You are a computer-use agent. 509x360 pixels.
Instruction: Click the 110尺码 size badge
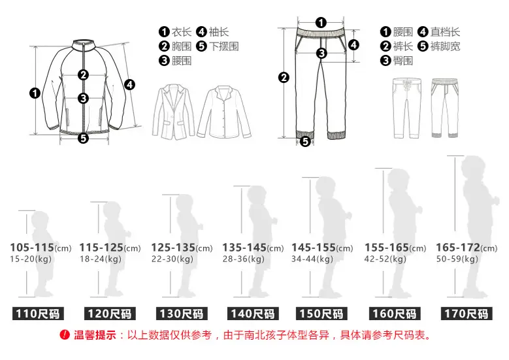click(x=38, y=314)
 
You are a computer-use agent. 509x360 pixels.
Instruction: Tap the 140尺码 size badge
click(x=253, y=314)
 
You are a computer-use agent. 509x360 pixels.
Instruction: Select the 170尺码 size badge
click(x=466, y=314)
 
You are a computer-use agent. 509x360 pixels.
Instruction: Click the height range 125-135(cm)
click(x=182, y=248)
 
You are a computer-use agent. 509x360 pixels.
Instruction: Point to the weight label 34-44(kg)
click(x=312, y=259)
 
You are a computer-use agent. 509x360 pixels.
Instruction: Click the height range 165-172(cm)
click(x=467, y=248)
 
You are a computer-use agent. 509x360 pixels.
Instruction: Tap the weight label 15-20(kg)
click(x=31, y=259)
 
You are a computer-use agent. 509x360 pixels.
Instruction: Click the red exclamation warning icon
click(x=65, y=335)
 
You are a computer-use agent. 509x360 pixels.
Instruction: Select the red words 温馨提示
click(x=95, y=335)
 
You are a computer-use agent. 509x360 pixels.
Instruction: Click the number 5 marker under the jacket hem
click(x=84, y=139)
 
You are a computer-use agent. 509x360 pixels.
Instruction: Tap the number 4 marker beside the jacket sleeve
click(x=129, y=85)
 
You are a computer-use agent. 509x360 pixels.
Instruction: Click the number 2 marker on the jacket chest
click(x=84, y=75)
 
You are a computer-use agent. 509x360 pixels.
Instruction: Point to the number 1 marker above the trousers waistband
click(x=321, y=23)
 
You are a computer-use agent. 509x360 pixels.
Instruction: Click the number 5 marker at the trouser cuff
click(x=305, y=142)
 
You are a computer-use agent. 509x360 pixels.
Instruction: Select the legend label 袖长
click(x=219, y=32)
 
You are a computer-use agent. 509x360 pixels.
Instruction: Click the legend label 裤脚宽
click(x=445, y=46)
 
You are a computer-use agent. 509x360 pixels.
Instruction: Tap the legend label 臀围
click(x=403, y=61)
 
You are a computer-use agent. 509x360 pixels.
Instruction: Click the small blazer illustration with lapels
click(x=173, y=112)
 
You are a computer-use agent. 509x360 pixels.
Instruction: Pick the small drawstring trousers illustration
click(x=407, y=108)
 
